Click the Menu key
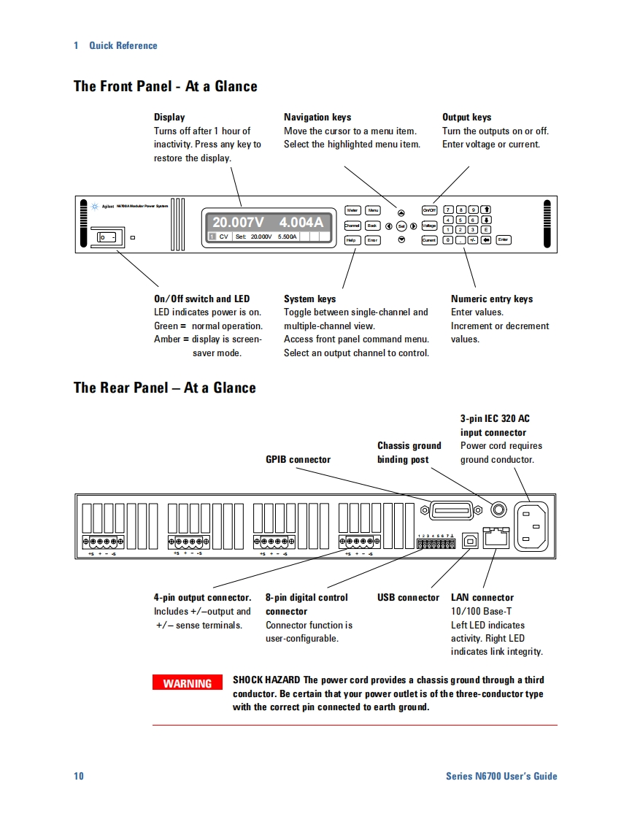373,210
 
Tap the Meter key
352,210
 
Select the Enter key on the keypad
503,239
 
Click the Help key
352,240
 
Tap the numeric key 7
449,210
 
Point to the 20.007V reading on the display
238,222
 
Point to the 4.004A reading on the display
301,222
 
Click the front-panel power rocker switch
108,237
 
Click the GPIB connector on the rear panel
452,510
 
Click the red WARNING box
188,683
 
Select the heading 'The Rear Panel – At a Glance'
165,388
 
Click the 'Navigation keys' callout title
317,117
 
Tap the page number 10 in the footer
79,776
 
